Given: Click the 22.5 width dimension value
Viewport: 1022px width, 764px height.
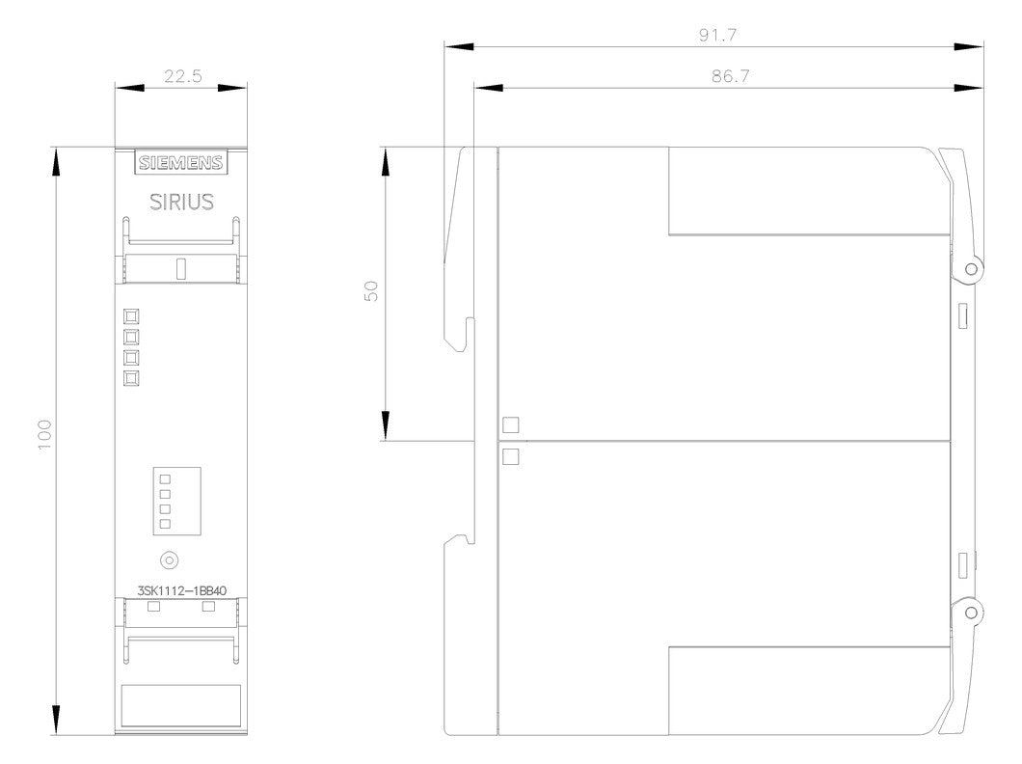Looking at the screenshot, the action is click(182, 76).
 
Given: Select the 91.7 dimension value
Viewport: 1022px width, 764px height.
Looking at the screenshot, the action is click(717, 35).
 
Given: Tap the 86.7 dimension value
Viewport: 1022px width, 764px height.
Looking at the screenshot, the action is click(731, 76).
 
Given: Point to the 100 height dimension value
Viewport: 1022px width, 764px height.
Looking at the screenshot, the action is click(43, 434).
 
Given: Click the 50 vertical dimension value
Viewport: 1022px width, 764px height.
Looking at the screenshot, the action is click(371, 290).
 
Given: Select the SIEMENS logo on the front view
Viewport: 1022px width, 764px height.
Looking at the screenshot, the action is click(181, 162).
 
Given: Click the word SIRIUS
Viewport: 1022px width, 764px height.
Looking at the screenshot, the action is click(181, 202).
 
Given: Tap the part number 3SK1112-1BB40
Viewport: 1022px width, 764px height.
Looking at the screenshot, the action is click(182, 590).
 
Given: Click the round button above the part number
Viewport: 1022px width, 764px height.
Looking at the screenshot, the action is click(170, 559).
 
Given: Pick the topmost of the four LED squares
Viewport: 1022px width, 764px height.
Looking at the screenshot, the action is click(131, 316).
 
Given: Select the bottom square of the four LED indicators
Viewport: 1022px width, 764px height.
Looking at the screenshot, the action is click(131, 378).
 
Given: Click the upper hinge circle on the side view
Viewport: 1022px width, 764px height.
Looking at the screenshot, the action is click(971, 268).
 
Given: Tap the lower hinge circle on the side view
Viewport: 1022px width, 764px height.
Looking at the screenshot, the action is click(971, 613).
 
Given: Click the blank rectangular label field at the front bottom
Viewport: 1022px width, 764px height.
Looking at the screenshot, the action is click(181, 705).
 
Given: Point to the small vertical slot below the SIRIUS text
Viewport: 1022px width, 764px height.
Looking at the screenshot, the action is click(181, 268).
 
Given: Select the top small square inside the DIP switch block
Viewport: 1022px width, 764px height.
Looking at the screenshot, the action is click(165, 479).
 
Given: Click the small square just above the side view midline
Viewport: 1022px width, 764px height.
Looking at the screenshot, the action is click(511, 425).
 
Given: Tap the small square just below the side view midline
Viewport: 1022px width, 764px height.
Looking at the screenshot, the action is click(511, 456).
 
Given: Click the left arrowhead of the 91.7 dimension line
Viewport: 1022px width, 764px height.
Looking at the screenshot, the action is click(459, 47).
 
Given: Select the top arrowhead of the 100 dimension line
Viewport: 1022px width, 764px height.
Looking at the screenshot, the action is click(56, 162).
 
